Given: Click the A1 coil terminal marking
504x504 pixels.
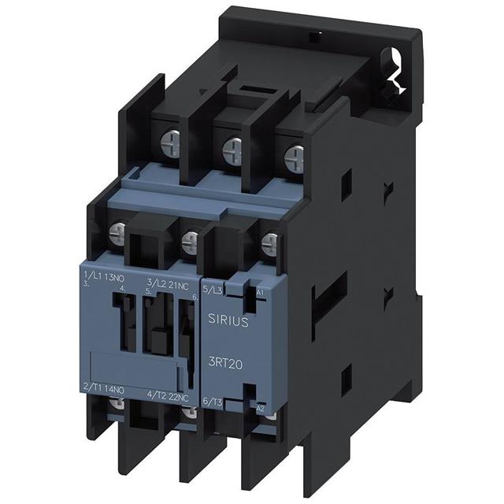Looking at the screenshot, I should pos(261,291).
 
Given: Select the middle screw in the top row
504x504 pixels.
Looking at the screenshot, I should pos(232,151).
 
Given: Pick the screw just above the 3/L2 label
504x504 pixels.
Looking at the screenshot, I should pos(189,240).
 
